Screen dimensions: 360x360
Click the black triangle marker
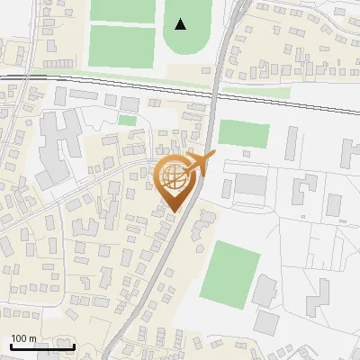pyautogui.click(x=181, y=24)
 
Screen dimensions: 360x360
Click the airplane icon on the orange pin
pyautogui.click(x=199, y=163)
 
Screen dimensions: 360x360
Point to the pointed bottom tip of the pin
pyautogui.click(x=174, y=211)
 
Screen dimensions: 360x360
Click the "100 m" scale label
pyautogui.click(x=23, y=338)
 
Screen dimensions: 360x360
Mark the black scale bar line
pyautogui.click(x=42, y=346)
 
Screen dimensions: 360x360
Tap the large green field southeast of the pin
pyautogui.click(x=229, y=272)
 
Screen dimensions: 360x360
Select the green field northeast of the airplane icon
pyautogui.click(x=244, y=133)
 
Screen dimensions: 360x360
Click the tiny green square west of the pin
pyautogui.click(x=128, y=120)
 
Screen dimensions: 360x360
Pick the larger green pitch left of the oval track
pyautogui.click(x=122, y=46)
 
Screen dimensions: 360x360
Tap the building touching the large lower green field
pyautogui.click(x=265, y=291)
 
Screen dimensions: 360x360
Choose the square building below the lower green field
pyautogui.click(x=267, y=321)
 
